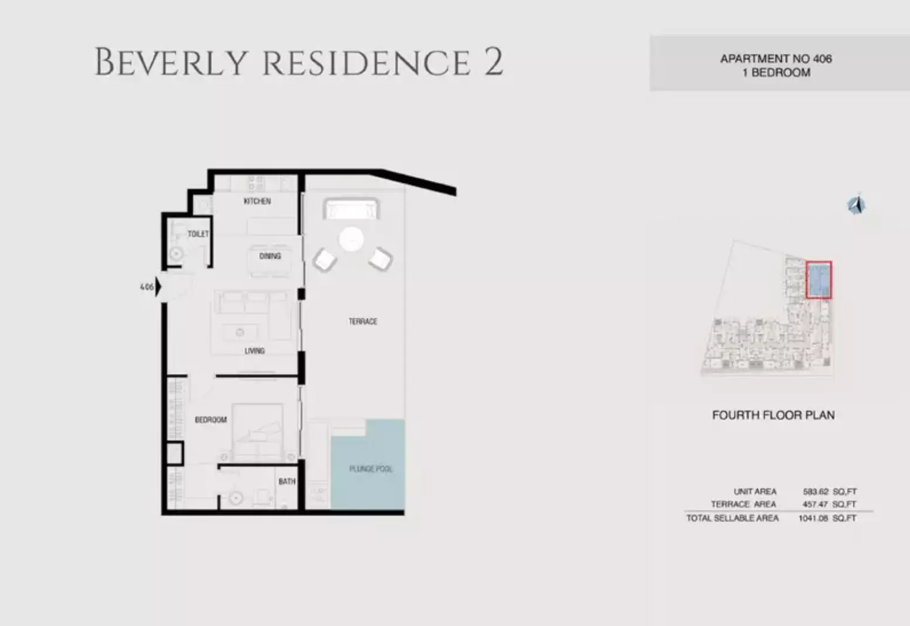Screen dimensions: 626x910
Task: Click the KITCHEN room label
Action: point(257,201)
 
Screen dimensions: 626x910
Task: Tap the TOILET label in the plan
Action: point(198,234)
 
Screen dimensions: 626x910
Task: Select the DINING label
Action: point(270,256)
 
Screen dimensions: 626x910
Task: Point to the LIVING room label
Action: point(255,351)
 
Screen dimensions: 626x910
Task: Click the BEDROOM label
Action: point(211,420)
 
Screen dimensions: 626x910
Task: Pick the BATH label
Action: point(287,481)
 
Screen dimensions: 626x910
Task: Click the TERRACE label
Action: point(363,322)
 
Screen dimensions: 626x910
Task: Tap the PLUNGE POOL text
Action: point(371,469)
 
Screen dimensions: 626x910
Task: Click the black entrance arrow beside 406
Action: point(158,287)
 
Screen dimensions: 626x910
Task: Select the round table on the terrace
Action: point(351,239)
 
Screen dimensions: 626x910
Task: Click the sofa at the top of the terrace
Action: point(351,209)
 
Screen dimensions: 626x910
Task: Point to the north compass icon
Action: point(856,205)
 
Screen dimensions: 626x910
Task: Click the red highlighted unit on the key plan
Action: point(819,280)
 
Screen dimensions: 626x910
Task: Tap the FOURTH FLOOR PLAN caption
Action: point(773,415)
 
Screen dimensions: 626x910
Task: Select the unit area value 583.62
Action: point(816,492)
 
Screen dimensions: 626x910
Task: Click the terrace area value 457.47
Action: point(816,504)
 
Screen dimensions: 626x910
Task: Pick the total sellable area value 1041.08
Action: point(813,518)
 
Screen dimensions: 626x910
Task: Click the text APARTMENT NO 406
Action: point(776,59)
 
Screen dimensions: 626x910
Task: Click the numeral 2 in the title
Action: point(493,63)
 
